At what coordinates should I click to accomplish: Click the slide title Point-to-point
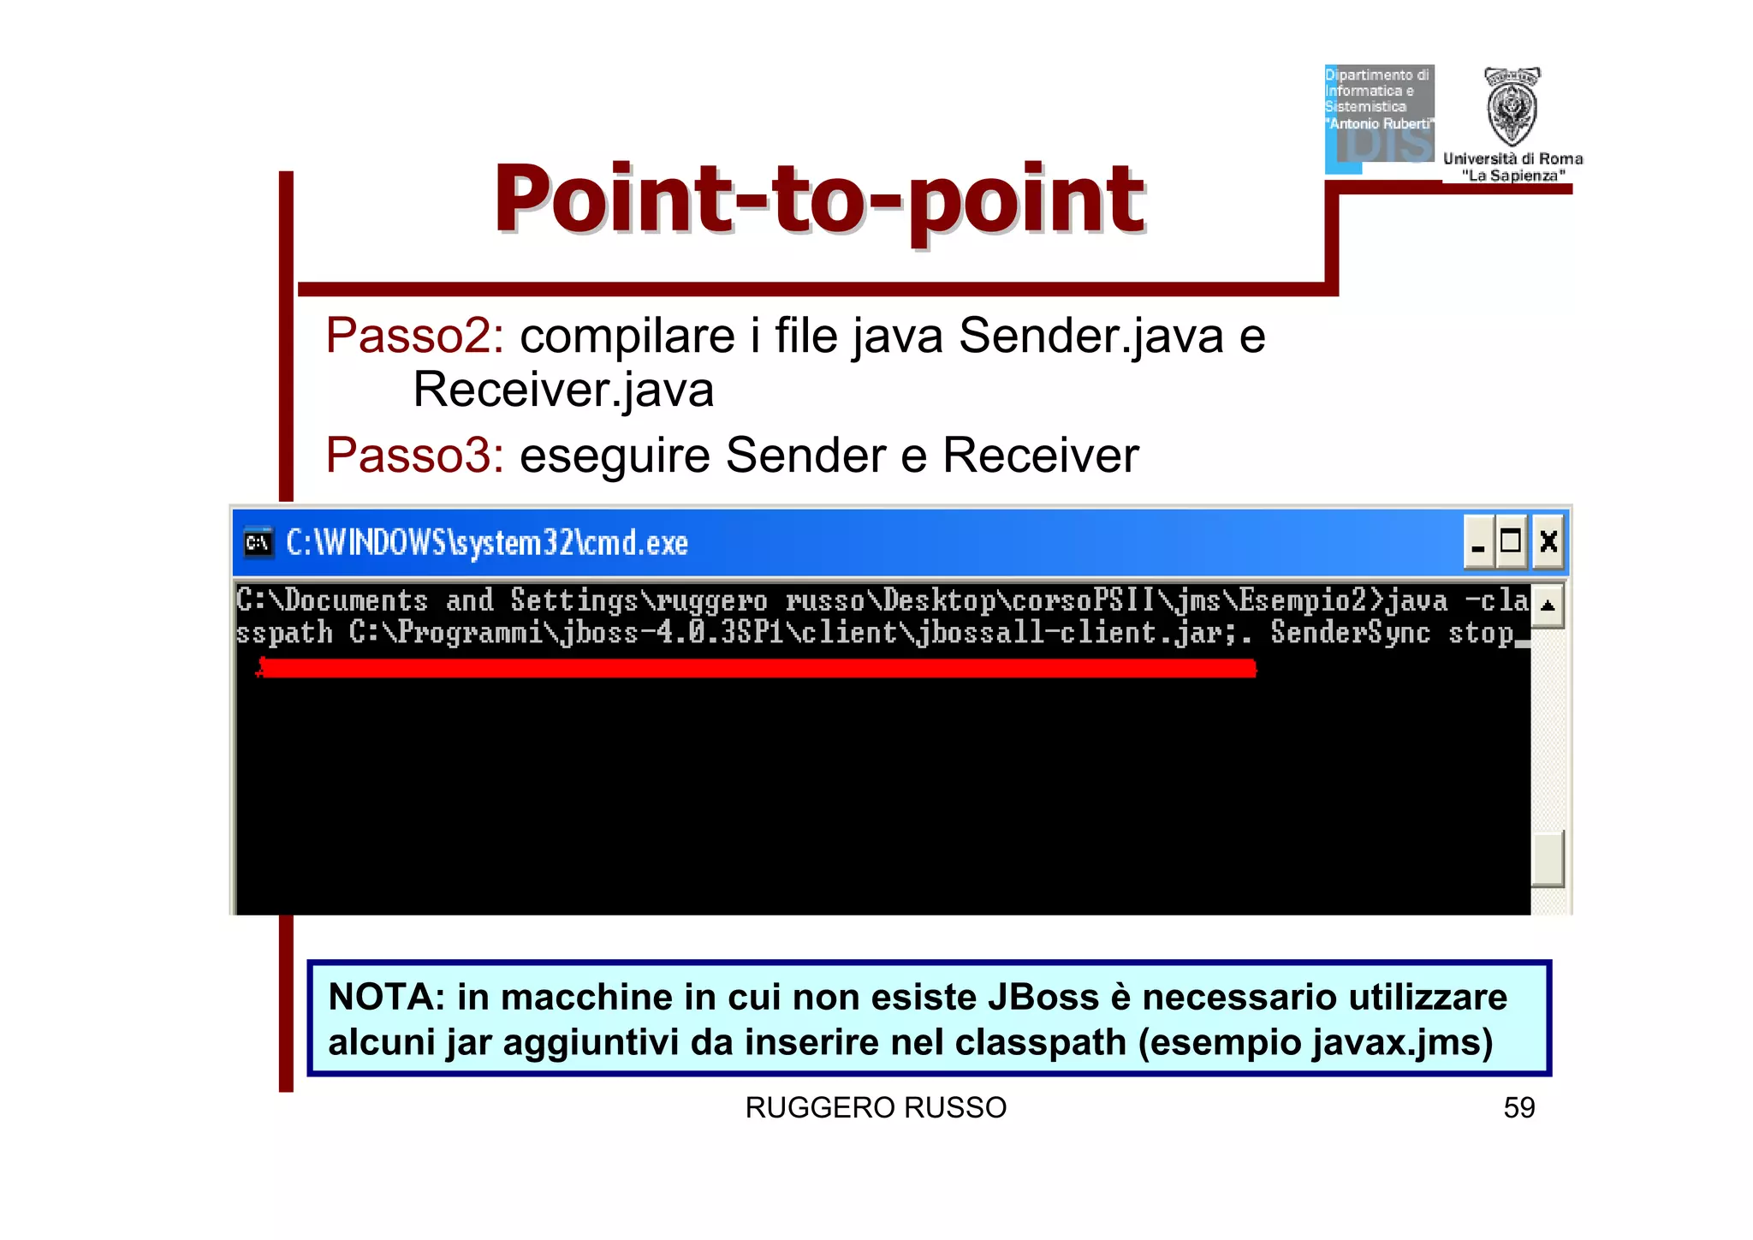[x=818, y=199]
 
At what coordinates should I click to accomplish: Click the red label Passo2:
[x=414, y=335]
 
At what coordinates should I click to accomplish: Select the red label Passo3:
[x=414, y=455]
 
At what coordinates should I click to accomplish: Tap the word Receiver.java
[x=562, y=390]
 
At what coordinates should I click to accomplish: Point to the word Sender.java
[x=1090, y=335]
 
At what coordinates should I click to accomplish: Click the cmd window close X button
[x=1548, y=541]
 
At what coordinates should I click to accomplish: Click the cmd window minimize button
[x=1478, y=541]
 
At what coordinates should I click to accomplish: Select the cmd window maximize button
[x=1512, y=541]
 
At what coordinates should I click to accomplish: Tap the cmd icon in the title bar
[x=258, y=543]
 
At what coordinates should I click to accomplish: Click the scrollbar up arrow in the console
[x=1547, y=605]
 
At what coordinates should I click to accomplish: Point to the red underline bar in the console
[x=757, y=668]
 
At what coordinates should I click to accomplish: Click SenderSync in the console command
[x=1350, y=633]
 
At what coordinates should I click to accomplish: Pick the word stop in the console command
[x=1480, y=633]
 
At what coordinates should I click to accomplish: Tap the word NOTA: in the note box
[x=386, y=997]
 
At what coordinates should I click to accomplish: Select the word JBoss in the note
[x=1043, y=997]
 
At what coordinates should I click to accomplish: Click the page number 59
[x=1518, y=1107]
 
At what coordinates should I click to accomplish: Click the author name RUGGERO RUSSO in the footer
[x=875, y=1107]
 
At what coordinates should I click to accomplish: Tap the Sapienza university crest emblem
[x=1512, y=108]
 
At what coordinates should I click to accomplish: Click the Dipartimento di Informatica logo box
[x=1379, y=116]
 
